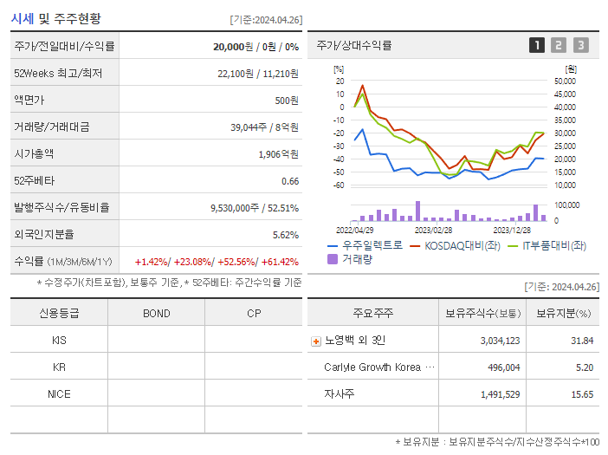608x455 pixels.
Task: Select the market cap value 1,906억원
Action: tap(278, 153)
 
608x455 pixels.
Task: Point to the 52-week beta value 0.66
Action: tap(290, 180)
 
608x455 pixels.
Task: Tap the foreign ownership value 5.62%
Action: tap(285, 234)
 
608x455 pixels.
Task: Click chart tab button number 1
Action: tap(537, 45)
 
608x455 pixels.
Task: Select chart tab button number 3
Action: tap(580, 45)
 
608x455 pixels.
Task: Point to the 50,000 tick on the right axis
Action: tap(565, 81)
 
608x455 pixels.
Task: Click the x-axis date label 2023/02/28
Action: tap(433, 230)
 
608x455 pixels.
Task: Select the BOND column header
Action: tap(156, 313)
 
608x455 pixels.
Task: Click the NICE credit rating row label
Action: tap(59, 393)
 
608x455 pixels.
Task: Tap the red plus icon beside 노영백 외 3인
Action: tap(315, 341)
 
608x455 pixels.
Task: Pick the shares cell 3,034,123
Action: tap(500, 341)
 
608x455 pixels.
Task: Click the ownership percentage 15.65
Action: tap(582, 394)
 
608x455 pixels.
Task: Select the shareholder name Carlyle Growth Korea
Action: tap(372, 367)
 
